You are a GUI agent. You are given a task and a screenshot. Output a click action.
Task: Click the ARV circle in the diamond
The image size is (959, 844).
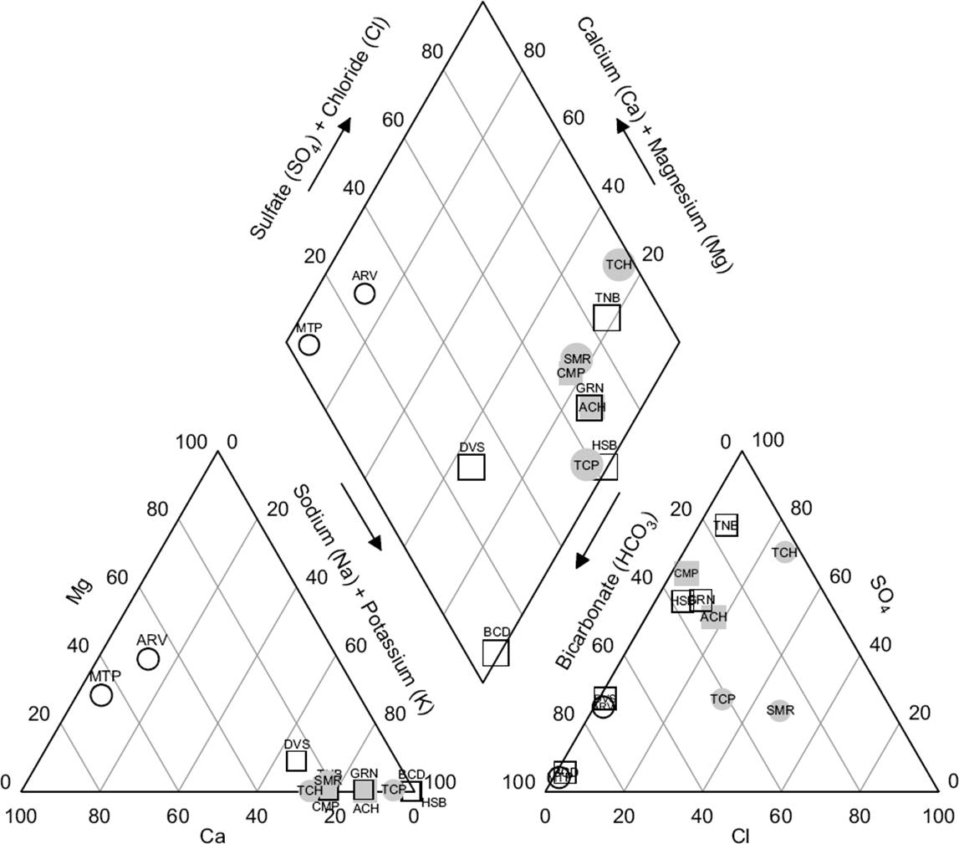(x=365, y=294)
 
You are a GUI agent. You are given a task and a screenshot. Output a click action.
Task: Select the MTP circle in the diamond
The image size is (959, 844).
(x=309, y=345)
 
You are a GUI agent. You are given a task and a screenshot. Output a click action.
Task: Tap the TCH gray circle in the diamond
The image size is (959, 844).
(x=619, y=264)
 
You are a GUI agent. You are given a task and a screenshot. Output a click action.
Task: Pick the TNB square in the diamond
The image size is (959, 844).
(x=607, y=318)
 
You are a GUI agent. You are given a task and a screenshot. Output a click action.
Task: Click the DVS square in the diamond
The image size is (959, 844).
(x=472, y=467)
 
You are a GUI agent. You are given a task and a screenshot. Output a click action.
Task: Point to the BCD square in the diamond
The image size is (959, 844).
(x=496, y=652)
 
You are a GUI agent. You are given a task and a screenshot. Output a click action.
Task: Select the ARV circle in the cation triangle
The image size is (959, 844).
(x=148, y=659)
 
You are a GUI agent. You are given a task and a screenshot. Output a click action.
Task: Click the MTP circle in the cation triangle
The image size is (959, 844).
(x=101, y=695)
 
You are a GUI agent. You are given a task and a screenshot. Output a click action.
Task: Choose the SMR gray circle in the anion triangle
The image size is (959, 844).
(x=779, y=711)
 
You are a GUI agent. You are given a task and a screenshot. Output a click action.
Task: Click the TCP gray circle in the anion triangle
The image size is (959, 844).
(x=722, y=699)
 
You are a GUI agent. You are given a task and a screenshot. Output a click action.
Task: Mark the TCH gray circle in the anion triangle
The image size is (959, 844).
(x=784, y=552)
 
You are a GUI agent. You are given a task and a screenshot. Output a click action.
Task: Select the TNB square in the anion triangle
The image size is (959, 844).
(x=727, y=525)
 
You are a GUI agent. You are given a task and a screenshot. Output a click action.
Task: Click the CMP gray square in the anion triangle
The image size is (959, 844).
(x=686, y=574)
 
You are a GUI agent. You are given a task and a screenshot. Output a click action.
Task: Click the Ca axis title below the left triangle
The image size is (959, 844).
(x=212, y=836)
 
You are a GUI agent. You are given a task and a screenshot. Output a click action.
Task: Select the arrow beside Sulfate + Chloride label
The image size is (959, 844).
(x=329, y=154)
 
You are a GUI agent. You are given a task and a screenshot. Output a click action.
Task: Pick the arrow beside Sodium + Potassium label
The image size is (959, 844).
(x=361, y=516)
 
